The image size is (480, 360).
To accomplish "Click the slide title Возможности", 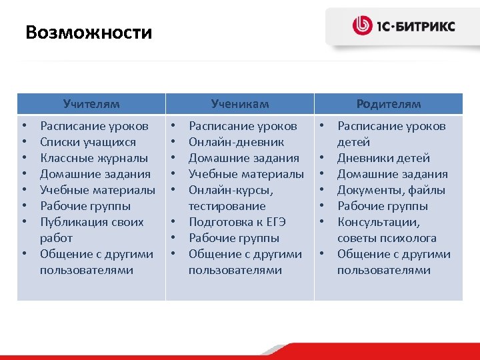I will (x=89, y=32).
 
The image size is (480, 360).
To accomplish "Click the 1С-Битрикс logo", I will (x=404, y=26).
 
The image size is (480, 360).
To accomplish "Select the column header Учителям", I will (x=91, y=103).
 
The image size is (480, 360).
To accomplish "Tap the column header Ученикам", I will (x=240, y=103).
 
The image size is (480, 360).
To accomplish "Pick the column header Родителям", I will (x=389, y=103).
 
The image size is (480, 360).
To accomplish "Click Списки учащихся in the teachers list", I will (x=88, y=142).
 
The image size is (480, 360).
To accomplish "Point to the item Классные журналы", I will (x=94, y=158).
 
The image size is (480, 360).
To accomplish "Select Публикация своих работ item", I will (x=91, y=229).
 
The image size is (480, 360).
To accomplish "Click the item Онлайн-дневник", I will (x=236, y=142).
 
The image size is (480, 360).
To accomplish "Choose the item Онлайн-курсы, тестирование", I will (x=231, y=198).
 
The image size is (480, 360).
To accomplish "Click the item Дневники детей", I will (x=383, y=158).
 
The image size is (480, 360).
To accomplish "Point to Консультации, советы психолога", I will (x=387, y=230).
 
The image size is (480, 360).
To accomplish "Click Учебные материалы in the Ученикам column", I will (x=246, y=174).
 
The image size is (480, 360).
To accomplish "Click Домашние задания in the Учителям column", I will (x=95, y=174).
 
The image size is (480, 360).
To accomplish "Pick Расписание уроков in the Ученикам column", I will (x=243, y=126).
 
